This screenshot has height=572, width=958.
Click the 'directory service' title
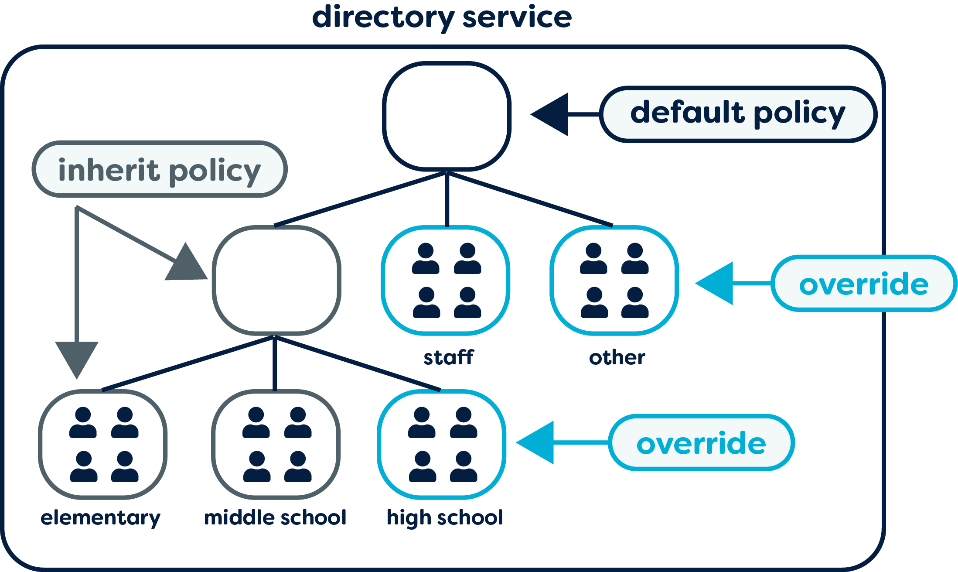point(442,17)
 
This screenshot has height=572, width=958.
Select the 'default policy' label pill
point(738,114)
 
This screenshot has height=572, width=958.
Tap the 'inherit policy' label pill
point(160,169)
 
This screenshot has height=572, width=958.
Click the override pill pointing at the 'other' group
point(863,284)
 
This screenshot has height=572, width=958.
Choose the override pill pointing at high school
point(701,442)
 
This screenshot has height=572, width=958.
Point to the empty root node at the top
point(447,116)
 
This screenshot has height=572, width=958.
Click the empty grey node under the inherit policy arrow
point(276,280)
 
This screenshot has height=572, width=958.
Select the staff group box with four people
point(446,280)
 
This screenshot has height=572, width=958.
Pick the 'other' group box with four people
point(614,280)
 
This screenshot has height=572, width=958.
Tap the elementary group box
point(103,444)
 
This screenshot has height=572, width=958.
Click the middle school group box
point(276,444)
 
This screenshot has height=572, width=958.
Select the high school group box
point(442,444)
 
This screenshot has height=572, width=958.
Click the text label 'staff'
point(448,357)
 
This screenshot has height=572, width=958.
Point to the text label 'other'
point(617,358)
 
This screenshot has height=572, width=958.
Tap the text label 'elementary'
point(100,518)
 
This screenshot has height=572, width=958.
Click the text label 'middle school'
point(275,517)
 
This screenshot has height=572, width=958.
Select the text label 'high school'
point(445,518)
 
